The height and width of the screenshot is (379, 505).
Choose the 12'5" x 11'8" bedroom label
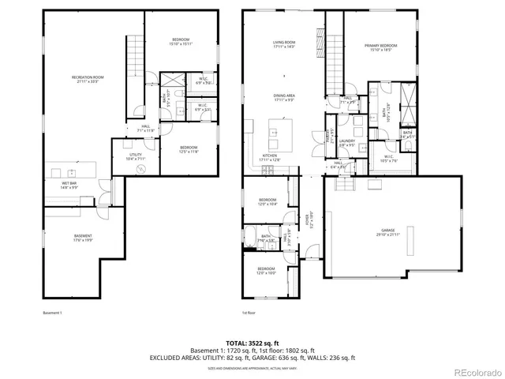click(x=188, y=149)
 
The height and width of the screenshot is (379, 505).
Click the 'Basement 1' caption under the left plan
click(x=53, y=313)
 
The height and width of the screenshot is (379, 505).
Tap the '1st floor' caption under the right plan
click(x=249, y=313)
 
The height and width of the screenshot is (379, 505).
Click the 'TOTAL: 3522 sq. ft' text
click(x=252, y=343)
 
